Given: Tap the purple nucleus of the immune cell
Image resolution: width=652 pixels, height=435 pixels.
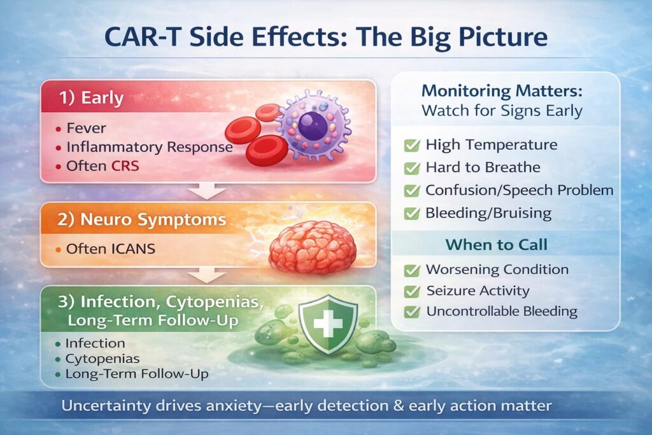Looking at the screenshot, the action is tap(313, 126).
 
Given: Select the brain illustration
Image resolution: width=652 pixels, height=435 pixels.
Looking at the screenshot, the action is tap(312, 247).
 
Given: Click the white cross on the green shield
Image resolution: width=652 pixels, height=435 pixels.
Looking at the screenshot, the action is tap(328, 324).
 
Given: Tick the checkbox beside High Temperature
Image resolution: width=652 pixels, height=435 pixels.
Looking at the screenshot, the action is tap(412, 146).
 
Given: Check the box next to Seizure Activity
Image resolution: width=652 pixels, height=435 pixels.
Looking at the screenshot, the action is tap(412, 291).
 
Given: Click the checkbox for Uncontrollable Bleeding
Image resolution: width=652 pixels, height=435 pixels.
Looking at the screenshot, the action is tap(412, 311).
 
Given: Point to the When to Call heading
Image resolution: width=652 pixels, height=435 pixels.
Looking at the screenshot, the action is tap(497, 245).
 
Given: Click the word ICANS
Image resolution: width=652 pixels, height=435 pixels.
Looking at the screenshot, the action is tap(133, 248).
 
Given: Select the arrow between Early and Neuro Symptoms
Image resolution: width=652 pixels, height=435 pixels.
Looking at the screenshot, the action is tap(207, 191).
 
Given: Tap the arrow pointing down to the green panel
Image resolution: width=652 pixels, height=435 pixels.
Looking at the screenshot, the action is tap(207, 276).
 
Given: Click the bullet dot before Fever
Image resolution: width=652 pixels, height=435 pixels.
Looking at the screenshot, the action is tap(59, 129).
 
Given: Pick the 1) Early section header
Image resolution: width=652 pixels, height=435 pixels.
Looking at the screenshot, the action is tap(92, 97).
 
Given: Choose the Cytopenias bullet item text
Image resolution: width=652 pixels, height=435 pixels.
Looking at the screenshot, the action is tap(103, 359).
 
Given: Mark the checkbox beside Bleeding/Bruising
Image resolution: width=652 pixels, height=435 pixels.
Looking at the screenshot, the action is tap(412, 214).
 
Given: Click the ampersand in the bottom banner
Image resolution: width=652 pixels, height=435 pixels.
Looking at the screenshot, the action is tap(399, 406).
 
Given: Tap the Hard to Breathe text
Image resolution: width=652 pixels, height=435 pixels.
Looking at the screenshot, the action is tap(483, 167).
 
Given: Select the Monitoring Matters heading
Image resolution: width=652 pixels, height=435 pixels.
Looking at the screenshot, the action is tap(502, 90).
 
